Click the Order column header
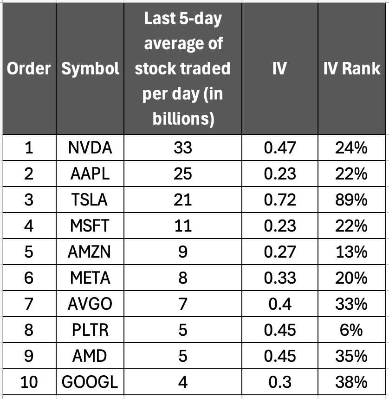(x=28, y=69)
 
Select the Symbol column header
(x=90, y=69)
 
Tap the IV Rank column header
(x=352, y=69)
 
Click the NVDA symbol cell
(x=90, y=148)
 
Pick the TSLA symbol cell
(x=90, y=200)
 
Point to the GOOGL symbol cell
(x=90, y=382)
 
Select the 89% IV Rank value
(x=352, y=200)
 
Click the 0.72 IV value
(x=279, y=200)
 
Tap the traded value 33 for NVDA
(x=182, y=148)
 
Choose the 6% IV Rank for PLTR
(x=352, y=330)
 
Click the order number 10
(x=28, y=382)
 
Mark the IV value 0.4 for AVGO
(x=279, y=304)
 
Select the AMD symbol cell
(x=90, y=356)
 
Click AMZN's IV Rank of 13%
(x=352, y=252)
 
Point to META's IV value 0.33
(x=279, y=278)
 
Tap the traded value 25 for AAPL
(x=182, y=174)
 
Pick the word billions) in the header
(x=182, y=119)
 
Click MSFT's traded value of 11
(x=182, y=226)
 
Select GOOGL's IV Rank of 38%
(x=352, y=382)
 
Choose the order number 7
(x=28, y=304)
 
